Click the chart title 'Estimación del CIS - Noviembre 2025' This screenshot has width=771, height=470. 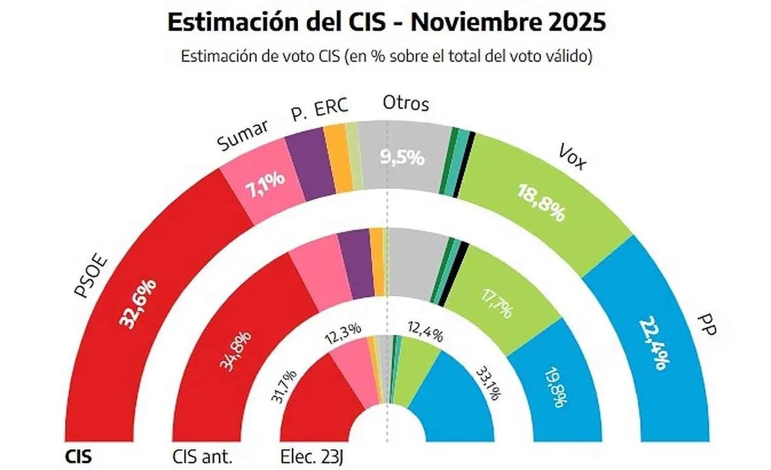[x=386, y=22]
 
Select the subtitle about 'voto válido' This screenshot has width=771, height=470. [x=386, y=57]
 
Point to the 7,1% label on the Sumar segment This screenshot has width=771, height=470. [x=264, y=180]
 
